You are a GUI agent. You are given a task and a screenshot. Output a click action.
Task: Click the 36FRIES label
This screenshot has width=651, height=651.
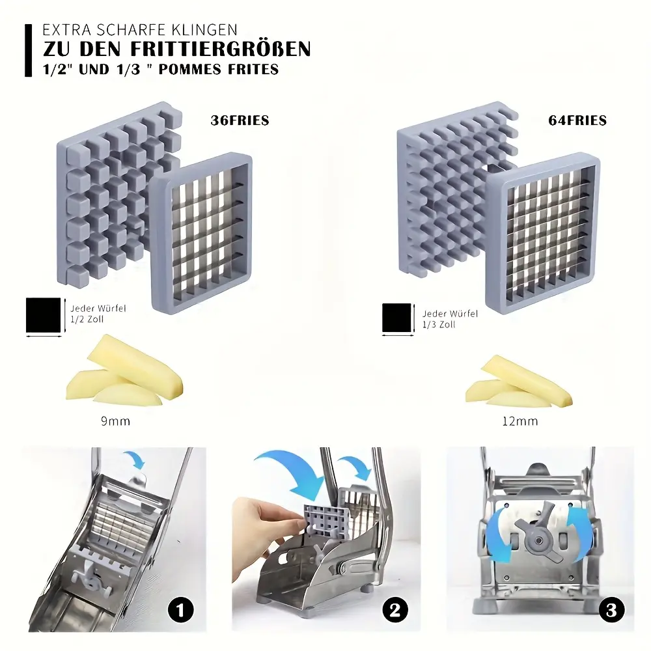point(240,120)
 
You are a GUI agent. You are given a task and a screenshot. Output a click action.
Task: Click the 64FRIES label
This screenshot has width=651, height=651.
point(577,120)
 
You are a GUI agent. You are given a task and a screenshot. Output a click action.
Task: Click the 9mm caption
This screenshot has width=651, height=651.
point(115,421)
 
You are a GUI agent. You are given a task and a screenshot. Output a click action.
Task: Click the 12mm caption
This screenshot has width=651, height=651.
point(520,421)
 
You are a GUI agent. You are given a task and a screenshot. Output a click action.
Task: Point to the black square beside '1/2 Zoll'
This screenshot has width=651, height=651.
point(42,315)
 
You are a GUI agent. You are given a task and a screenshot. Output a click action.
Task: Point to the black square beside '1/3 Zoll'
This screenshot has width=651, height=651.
point(398,319)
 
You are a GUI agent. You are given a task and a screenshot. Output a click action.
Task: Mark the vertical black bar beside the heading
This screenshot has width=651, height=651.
point(28,50)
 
